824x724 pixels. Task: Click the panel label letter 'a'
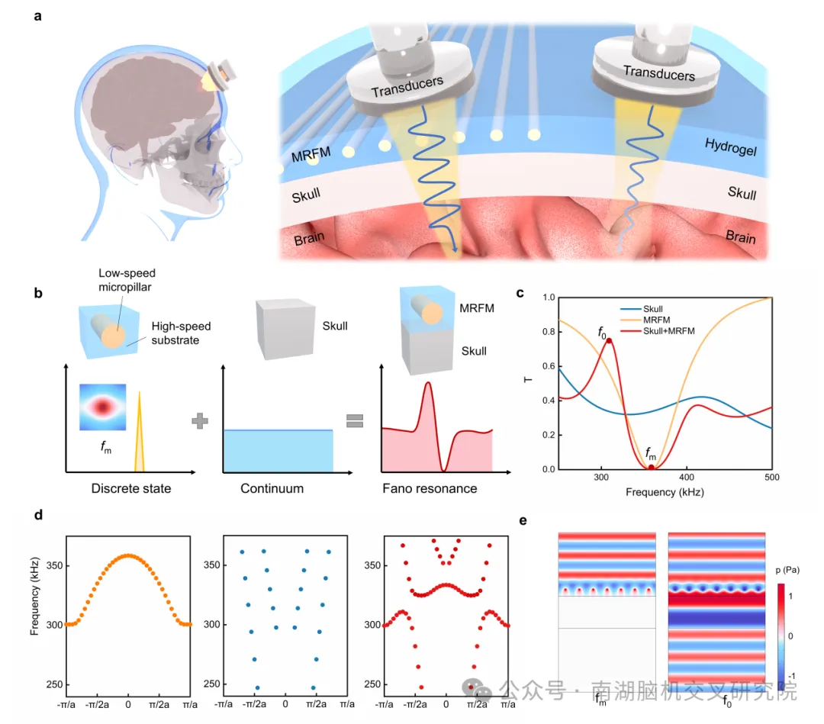tap(38, 16)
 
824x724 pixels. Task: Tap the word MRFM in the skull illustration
tap(311, 155)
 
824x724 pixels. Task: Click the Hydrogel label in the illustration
tap(730, 147)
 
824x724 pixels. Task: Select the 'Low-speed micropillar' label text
tap(127, 280)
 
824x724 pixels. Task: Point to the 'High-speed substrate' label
tap(181, 333)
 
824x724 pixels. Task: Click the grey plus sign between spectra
tap(200, 421)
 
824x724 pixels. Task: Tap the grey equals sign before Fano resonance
tap(355, 421)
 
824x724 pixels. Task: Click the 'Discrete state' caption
tap(131, 488)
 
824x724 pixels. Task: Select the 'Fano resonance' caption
tap(430, 488)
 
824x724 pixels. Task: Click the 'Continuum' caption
tap(272, 488)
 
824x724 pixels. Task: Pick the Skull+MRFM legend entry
tap(658, 331)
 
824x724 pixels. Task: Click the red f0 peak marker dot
tap(609, 340)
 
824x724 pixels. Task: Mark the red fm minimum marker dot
tap(651, 467)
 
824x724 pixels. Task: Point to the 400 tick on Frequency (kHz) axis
tap(687, 477)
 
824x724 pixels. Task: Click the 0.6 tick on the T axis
tap(549, 365)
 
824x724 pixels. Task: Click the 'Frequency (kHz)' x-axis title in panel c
tap(665, 492)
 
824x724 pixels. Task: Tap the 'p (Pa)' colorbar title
tap(787, 570)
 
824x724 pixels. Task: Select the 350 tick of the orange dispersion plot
tap(55, 565)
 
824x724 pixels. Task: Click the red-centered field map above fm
tap(103, 407)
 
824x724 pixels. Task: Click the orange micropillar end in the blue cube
tap(114, 336)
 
